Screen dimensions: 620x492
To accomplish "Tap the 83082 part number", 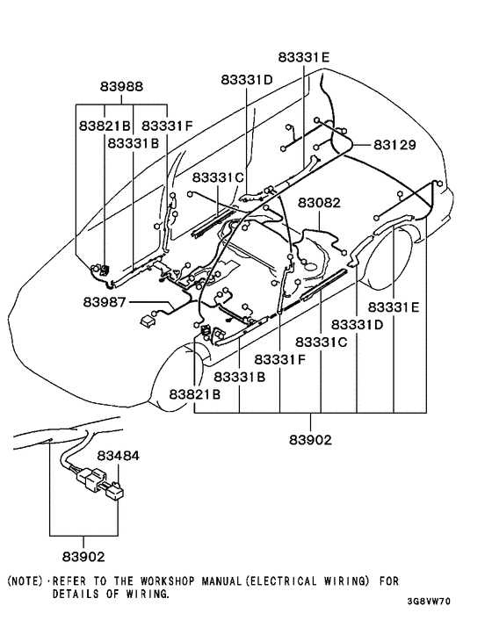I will (x=320, y=204).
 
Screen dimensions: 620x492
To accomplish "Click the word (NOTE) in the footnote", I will (x=26, y=581).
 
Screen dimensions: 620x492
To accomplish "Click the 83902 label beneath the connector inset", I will (x=83, y=557).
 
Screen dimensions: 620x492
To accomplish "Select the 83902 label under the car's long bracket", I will (x=309, y=439).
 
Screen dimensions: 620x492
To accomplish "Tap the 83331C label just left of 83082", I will (x=218, y=177).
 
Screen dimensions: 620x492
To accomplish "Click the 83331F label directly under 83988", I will (x=168, y=126).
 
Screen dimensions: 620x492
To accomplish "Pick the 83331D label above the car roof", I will (x=246, y=80).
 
